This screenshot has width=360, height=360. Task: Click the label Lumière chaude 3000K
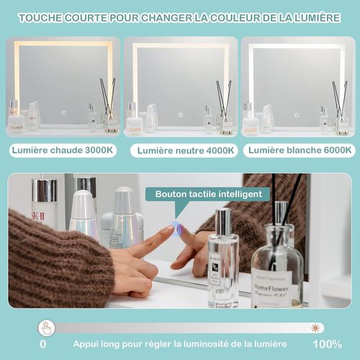[61, 150]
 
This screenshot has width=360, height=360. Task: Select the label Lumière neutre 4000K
[183, 150]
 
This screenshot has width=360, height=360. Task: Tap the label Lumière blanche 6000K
[298, 150]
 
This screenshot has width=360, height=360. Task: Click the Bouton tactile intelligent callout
[207, 194]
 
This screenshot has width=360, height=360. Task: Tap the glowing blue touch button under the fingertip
[176, 229]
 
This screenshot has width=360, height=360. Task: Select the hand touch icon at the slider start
[45, 328]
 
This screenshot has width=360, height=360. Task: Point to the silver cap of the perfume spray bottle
[223, 221]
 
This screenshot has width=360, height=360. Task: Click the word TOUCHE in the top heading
[42, 16]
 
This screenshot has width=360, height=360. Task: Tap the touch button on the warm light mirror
[63, 112]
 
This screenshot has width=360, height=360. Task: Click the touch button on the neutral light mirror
[180, 113]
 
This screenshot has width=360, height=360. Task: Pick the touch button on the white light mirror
[296, 113]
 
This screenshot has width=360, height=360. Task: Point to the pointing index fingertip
[169, 232]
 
